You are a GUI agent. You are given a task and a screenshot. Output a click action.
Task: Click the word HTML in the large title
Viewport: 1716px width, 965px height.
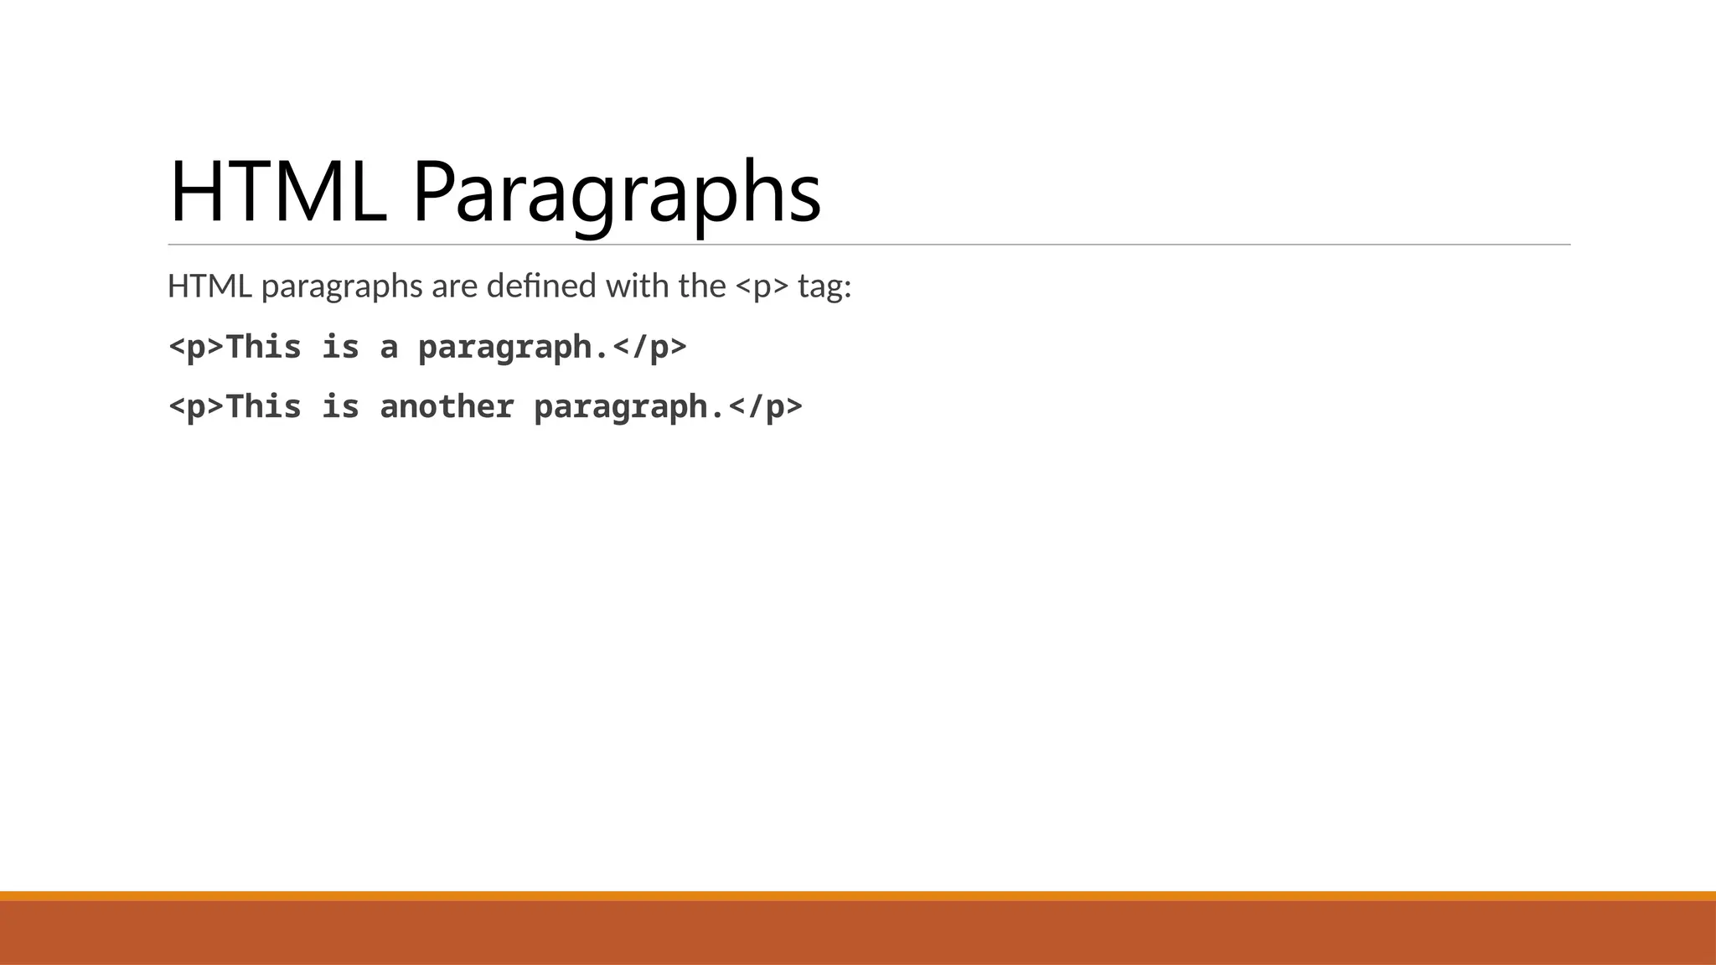pos(277,193)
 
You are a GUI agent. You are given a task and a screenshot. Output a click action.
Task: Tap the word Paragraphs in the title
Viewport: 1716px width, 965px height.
pos(616,194)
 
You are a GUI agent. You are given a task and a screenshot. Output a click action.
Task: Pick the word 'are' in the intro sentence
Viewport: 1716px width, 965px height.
pos(454,287)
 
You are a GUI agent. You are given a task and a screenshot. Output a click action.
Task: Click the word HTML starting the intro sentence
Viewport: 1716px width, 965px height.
pos(209,286)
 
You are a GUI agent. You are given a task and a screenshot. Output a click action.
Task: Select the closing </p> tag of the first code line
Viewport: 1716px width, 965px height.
pos(649,347)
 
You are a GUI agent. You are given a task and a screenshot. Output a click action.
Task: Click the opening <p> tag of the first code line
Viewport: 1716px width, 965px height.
pos(197,347)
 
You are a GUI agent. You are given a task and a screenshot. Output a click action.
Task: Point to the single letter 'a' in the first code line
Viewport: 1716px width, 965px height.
pos(389,348)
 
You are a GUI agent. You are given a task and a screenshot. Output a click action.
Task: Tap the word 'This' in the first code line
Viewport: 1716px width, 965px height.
pos(264,347)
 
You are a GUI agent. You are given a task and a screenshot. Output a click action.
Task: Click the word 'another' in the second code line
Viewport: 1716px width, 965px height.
pos(447,407)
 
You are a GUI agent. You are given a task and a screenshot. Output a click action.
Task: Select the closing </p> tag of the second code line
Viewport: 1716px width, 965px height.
pos(765,407)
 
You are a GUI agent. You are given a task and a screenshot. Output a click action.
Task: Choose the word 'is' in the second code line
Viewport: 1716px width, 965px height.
pos(341,407)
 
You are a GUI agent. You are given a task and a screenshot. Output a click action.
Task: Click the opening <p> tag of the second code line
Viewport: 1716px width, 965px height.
pos(197,407)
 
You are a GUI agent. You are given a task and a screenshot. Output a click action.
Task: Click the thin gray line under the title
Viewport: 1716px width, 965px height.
pos(869,245)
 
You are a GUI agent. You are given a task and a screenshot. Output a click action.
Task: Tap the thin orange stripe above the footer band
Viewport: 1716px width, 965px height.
pos(858,895)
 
